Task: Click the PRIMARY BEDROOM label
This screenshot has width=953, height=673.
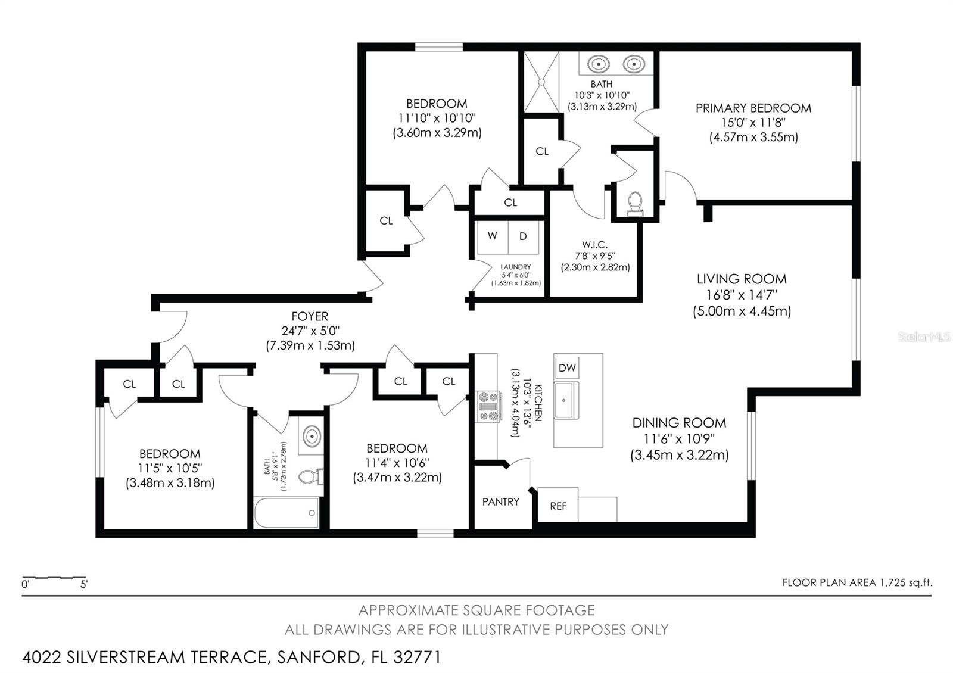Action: point(753,108)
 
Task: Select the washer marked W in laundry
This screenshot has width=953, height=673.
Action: point(492,236)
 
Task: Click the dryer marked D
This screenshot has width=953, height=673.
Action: point(523,236)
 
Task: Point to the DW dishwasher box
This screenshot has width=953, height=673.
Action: point(567,368)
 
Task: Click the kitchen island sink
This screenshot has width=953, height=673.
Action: point(564,401)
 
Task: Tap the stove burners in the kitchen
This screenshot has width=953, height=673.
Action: point(488,406)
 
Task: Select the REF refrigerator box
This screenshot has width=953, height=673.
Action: point(558,506)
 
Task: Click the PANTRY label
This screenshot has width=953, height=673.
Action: point(500,502)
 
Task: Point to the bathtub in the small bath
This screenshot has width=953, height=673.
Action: point(286,513)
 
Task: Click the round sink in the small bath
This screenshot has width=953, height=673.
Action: point(312,437)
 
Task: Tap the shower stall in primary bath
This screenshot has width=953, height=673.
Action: point(541,82)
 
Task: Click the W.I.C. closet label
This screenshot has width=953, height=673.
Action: point(594,245)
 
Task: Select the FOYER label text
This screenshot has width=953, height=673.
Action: point(310,317)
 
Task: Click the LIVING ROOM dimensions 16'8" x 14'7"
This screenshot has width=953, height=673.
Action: point(742,295)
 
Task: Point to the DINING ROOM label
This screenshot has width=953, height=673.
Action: point(679,423)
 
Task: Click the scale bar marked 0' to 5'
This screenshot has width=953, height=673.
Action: point(54,578)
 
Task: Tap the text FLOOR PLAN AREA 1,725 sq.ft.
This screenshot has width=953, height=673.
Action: point(857,582)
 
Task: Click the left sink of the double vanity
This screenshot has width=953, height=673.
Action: point(598,63)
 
